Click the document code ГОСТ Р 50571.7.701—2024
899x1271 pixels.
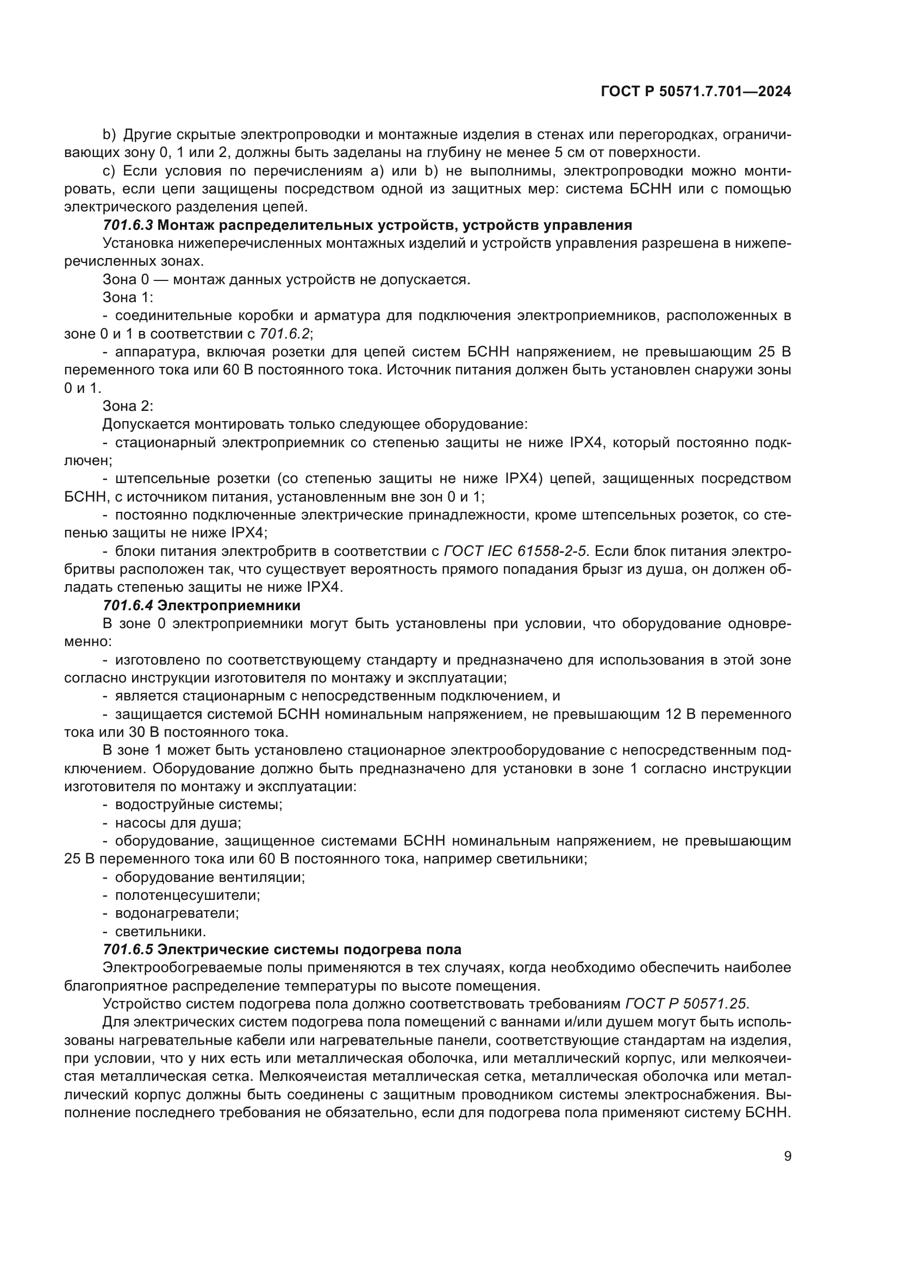[695, 92]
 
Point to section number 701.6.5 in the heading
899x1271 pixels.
[128, 949]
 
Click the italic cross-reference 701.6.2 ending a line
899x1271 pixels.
[286, 334]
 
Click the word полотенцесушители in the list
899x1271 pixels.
[187, 895]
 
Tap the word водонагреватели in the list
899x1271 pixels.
[177, 913]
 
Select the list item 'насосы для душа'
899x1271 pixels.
[178, 823]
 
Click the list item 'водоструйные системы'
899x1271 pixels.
[198, 804]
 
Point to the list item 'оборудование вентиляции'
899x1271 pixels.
[210, 877]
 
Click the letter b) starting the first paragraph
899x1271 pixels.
[109, 135]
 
